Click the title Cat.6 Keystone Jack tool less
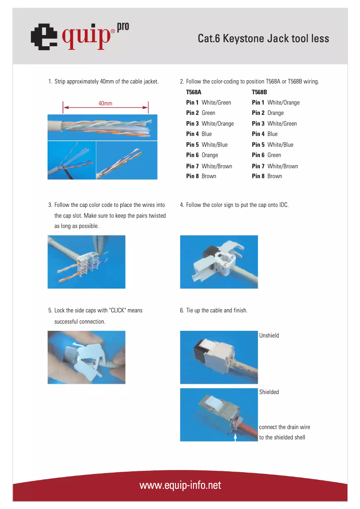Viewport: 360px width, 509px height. point(263,39)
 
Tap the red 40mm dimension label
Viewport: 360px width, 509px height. point(105,104)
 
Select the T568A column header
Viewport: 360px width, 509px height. point(193,92)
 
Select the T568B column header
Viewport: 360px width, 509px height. point(259,92)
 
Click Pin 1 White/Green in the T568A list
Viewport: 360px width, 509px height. point(209,103)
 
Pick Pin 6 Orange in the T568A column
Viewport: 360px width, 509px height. point(202,155)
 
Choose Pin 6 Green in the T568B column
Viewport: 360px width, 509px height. point(267,155)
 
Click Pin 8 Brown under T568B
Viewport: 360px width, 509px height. point(267,176)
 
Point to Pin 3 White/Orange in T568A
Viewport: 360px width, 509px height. point(210,124)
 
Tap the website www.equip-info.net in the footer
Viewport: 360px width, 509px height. point(180,485)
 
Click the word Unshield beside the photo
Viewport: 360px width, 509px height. point(269,336)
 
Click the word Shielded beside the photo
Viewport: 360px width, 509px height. point(269,392)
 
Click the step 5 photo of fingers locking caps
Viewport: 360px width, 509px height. point(86,357)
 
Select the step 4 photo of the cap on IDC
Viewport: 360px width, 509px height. point(219,262)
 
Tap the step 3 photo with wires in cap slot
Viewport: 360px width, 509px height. point(86,262)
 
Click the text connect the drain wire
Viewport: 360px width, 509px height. point(285,427)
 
